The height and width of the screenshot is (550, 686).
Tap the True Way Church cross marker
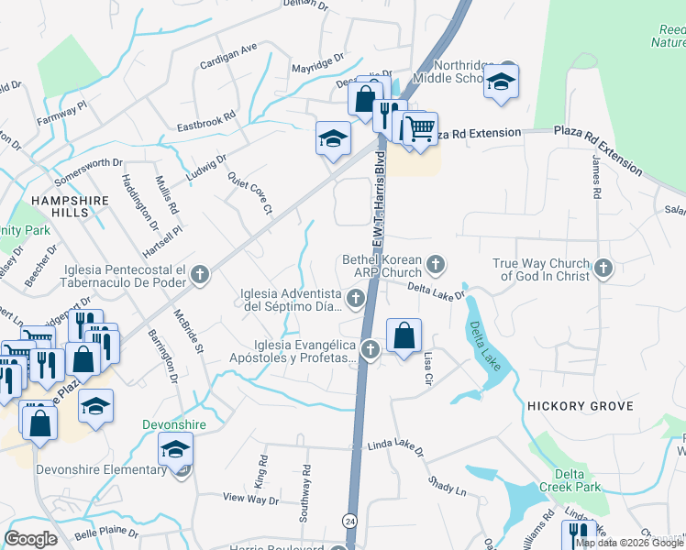pyautogui.click(x=603, y=268)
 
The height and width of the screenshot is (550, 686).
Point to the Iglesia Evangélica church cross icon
pyautogui.click(x=370, y=349)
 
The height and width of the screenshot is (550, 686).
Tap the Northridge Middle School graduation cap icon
pyautogui.click(x=502, y=81)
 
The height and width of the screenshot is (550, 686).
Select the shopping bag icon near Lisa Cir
pyautogui.click(x=404, y=335)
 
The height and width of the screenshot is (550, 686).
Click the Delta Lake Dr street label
pyautogui.click(x=437, y=291)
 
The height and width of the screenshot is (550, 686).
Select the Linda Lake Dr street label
pyautogui.click(x=396, y=447)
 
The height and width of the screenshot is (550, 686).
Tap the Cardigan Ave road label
pyautogui.click(x=229, y=56)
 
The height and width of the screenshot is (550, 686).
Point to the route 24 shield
pyautogui.click(x=349, y=520)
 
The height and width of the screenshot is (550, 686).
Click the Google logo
pyautogui.click(x=30, y=538)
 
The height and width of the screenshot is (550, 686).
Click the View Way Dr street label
pyautogui.click(x=250, y=500)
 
